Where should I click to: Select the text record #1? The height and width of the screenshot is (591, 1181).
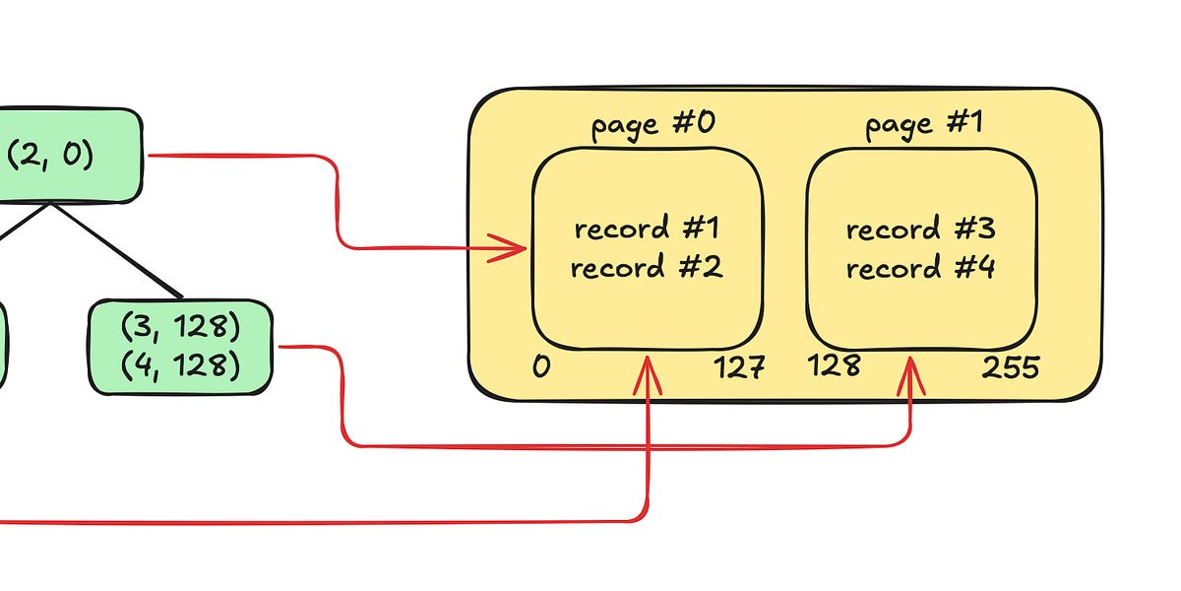tap(647, 230)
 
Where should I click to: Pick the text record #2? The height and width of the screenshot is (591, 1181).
tap(647, 268)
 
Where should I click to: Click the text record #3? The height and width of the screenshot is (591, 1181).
tap(920, 230)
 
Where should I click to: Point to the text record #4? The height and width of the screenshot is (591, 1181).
tap(920, 268)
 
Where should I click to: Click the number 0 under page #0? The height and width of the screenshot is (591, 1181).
tap(541, 367)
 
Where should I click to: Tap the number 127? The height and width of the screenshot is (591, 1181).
tap(738, 368)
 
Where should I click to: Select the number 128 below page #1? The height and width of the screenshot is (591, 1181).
tap(834, 366)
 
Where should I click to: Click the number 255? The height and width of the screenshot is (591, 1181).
tap(1010, 368)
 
